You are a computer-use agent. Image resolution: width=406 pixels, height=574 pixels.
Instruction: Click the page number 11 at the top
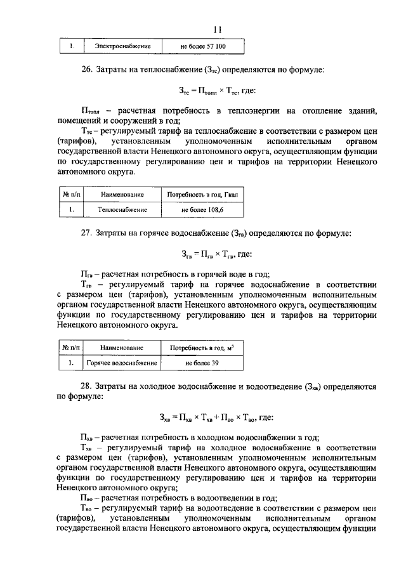click(x=218, y=29)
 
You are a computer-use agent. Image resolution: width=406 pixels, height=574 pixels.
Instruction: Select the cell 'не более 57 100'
click(x=202, y=47)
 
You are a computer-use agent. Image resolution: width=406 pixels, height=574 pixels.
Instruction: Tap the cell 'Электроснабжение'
click(x=122, y=47)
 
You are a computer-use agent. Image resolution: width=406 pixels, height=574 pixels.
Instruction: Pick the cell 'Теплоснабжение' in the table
click(x=122, y=209)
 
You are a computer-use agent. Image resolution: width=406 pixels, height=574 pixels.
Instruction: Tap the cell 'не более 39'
click(x=202, y=363)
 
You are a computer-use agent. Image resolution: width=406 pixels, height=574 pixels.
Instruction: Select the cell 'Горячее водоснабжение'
click(x=122, y=363)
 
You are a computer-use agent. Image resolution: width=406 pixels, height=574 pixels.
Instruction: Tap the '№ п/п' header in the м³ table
click(x=70, y=348)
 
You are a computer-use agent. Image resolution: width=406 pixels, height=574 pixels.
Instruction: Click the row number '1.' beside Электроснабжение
click(x=72, y=47)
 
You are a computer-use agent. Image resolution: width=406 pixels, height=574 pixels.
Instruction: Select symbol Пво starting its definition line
click(x=88, y=498)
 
